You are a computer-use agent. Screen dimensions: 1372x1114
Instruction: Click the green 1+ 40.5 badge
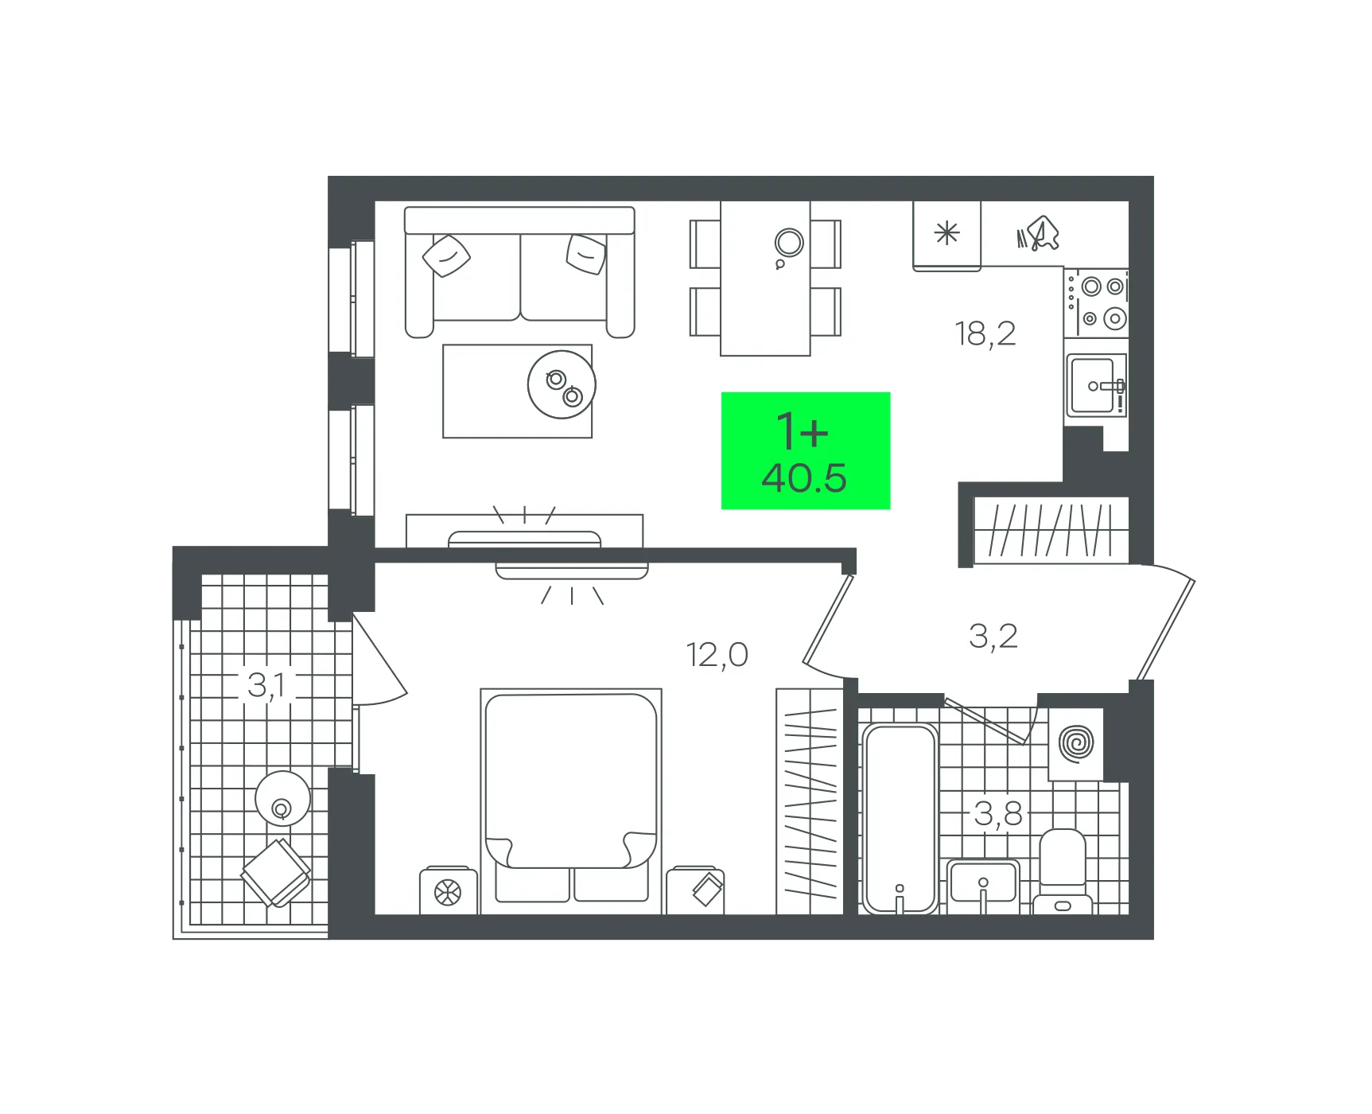click(x=805, y=450)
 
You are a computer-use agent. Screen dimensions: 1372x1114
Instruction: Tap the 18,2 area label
click(x=985, y=334)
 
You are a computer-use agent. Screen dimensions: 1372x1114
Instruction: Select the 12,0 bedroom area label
click(x=717, y=656)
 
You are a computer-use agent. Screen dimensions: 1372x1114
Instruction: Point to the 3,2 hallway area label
click(x=993, y=637)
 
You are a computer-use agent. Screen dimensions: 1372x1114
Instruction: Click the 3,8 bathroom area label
click(x=998, y=814)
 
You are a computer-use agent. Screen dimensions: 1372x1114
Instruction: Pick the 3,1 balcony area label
click(x=266, y=685)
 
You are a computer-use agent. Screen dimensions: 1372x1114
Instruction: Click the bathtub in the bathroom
click(x=900, y=818)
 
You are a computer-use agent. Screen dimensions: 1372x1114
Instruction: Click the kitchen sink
click(x=1096, y=386)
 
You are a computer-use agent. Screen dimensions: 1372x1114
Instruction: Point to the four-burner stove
click(x=1096, y=302)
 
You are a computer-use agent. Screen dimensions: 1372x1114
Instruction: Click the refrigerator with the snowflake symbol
click(x=946, y=236)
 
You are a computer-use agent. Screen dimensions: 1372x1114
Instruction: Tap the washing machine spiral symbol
click(x=1076, y=743)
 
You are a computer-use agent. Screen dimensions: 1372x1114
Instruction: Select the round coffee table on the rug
click(x=562, y=384)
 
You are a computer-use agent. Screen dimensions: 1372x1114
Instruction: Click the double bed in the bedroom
click(x=571, y=800)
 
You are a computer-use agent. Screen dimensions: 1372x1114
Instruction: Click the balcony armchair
click(x=276, y=873)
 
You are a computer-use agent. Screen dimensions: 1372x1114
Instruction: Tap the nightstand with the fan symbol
click(x=449, y=890)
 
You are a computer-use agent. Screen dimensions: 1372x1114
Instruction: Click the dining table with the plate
click(x=765, y=278)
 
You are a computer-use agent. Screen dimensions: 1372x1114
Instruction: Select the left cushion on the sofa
click(x=446, y=255)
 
